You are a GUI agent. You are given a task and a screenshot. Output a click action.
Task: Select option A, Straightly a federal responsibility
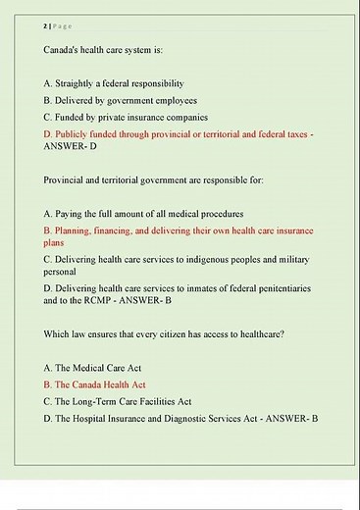[x=114, y=83]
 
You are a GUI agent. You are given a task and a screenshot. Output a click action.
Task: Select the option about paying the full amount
[x=143, y=213]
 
